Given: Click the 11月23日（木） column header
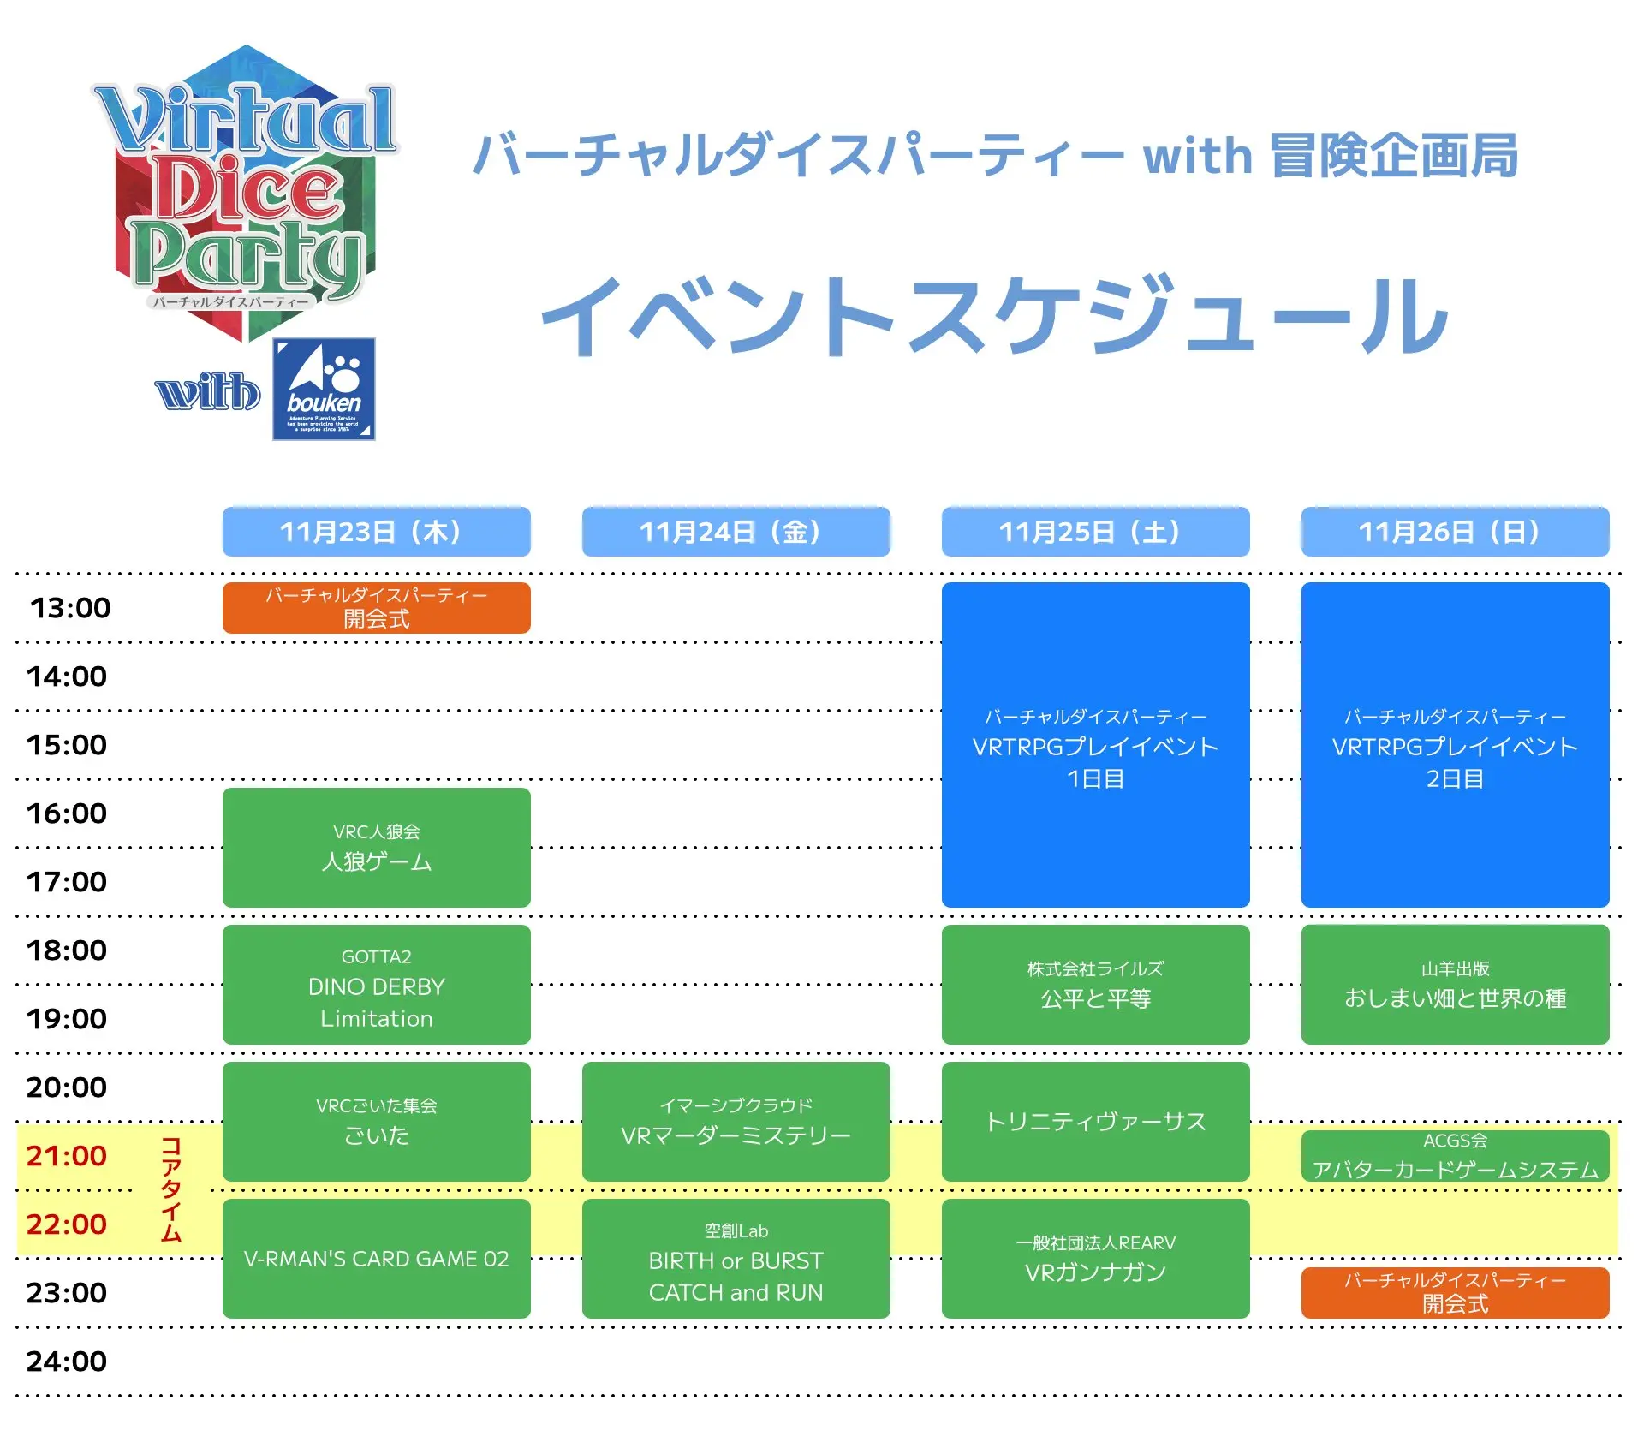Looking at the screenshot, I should tap(376, 532).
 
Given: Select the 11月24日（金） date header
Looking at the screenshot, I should tap(736, 532).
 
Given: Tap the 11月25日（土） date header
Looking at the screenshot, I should tap(1095, 532).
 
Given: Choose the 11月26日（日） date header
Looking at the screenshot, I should tap(1455, 532).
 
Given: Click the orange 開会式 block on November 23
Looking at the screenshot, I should tap(376, 608).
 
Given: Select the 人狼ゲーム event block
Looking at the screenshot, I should tap(376, 847).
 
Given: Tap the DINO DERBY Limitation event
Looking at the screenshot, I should tap(376, 985).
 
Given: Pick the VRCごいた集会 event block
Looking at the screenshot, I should tap(376, 1121).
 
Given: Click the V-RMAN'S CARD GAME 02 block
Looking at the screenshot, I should tap(376, 1258).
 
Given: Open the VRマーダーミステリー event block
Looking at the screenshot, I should tap(736, 1121).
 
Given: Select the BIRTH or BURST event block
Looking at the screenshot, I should tap(736, 1258).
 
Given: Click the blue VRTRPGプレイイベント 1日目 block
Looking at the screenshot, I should tap(1095, 745).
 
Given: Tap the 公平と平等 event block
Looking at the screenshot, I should tap(1095, 985).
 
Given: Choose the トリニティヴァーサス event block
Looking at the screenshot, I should tap(1095, 1121).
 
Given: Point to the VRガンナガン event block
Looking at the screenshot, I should tap(1095, 1258).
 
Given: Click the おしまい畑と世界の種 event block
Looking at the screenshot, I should tap(1455, 985).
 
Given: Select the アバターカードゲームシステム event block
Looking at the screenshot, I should tap(1455, 1156).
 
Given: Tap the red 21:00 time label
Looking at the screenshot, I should tap(67, 1156).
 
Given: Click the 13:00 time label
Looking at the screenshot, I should tap(70, 608).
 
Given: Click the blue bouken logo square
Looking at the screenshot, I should tap(324, 389).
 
